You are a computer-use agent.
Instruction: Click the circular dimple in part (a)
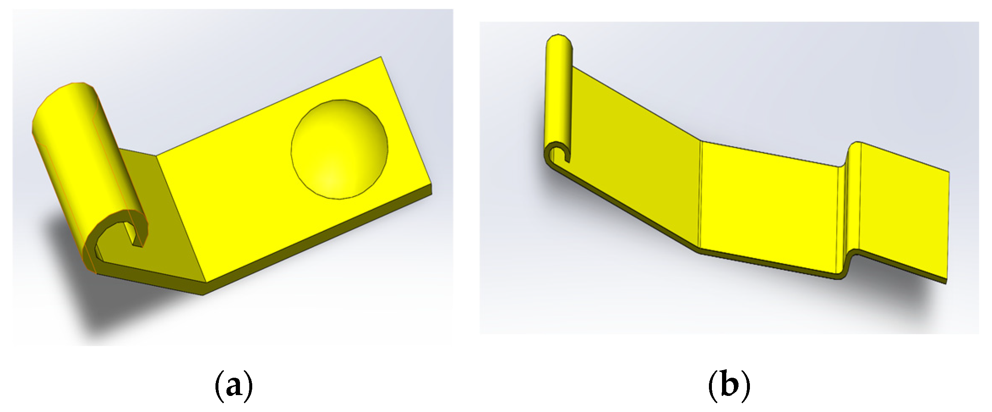[x=339, y=149]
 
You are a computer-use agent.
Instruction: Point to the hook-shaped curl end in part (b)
[x=558, y=154]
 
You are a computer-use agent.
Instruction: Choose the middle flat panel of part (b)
[x=769, y=207]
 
